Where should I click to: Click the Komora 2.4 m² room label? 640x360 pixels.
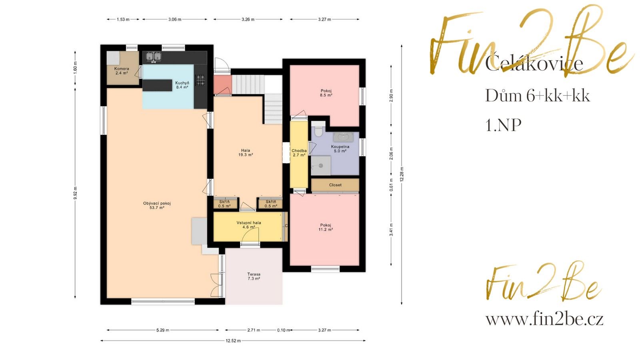click(122, 71)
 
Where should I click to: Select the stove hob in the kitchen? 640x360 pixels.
click(200, 80)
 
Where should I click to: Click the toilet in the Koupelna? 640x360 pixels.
click(318, 132)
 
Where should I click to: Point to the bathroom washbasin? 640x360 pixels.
click(343, 137)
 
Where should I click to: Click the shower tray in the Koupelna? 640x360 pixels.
click(321, 165)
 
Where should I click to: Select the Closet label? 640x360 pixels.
click(335, 185)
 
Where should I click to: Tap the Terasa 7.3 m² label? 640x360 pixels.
click(254, 276)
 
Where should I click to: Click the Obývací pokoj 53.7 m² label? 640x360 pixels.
click(157, 206)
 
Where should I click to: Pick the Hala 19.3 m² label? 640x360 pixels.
click(246, 152)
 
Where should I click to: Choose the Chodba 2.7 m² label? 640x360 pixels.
click(299, 153)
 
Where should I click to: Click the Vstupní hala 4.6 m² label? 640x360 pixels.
click(248, 225)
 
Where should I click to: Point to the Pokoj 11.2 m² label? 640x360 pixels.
click(326, 227)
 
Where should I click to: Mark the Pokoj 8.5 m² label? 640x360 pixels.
click(326, 93)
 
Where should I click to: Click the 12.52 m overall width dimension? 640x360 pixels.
click(233, 341)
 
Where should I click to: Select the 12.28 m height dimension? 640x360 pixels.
click(402, 174)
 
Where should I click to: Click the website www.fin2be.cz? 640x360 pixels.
click(544, 319)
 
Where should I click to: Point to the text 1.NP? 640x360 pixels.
click(503, 125)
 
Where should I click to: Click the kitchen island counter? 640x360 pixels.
click(158, 85)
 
